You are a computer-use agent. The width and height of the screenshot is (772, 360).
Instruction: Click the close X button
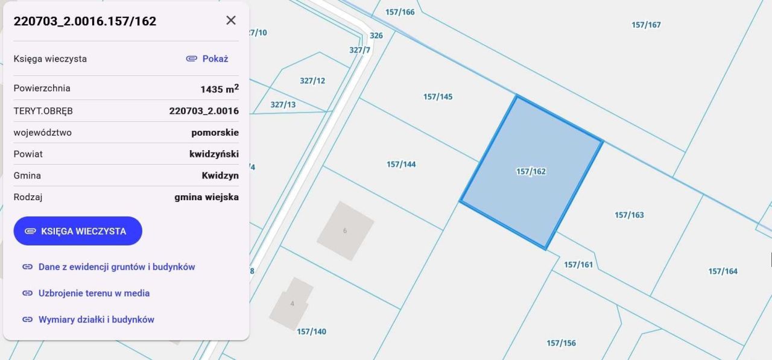231,21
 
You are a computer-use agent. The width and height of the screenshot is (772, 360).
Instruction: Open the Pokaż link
207,58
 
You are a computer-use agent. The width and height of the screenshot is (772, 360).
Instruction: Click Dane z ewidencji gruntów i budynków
116,267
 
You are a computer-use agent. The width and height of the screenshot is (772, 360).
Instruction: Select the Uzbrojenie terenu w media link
93,293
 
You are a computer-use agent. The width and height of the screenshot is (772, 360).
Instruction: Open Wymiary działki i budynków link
96,320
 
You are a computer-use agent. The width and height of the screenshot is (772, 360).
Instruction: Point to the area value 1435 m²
220,89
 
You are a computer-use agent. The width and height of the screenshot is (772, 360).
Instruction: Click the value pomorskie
215,133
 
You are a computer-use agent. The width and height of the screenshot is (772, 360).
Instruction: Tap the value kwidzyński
214,154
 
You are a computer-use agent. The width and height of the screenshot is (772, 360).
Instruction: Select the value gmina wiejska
206,197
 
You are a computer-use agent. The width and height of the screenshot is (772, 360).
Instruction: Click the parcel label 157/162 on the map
531,172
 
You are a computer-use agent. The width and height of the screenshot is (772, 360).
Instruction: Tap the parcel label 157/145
438,97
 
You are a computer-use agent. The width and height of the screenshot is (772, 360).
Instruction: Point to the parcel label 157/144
401,165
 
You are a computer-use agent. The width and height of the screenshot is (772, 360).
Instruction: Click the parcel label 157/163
629,215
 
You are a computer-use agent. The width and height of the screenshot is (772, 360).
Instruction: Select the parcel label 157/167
646,25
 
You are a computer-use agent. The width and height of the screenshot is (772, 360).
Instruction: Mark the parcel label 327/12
312,81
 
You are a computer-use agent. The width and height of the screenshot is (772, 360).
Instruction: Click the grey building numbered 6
345,231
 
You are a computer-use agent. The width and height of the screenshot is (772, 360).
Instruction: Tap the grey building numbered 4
292,303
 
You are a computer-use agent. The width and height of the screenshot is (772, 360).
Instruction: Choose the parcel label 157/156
561,343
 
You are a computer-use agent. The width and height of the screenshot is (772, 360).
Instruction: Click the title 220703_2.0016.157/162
85,21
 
